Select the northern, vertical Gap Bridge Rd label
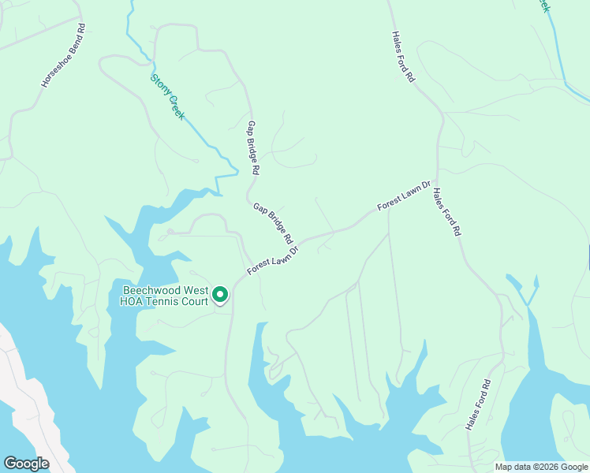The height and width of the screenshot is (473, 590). pyautogui.click(x=253, y=147)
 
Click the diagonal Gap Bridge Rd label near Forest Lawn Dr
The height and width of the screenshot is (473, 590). pyautogui.click(x=273, y=223)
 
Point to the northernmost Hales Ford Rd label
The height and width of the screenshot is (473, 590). pyautogui.click(x=403, y=58)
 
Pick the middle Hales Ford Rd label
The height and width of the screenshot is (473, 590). pyautogui.click(x=446, y=212)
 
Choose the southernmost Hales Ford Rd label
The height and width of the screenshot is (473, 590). pyautogui.click(x=478, y=404)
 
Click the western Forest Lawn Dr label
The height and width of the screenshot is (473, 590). pyautogui.click(x=273, y=261)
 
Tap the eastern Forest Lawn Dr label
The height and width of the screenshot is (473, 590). pyautogui.click(x=404, y=196)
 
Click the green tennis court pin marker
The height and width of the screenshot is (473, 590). pyautogui.click(x=220, y=295)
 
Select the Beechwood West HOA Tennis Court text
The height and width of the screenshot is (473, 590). pyautogui.click(x=164, y=296)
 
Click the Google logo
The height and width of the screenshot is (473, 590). pyautogui.click(x=26, y=464)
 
